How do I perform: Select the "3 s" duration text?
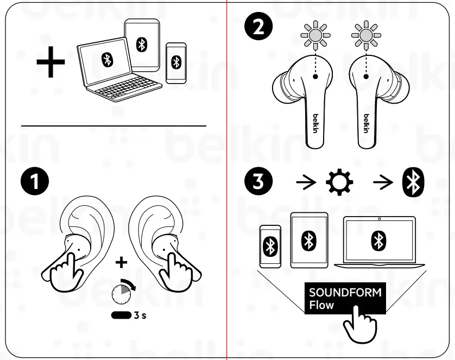click(x=140, y=315)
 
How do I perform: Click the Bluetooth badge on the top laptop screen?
click(x=106, y=60)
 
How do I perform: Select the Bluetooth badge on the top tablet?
click(x=142, y=45)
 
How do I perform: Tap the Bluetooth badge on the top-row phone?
click(x=175, y=62)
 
